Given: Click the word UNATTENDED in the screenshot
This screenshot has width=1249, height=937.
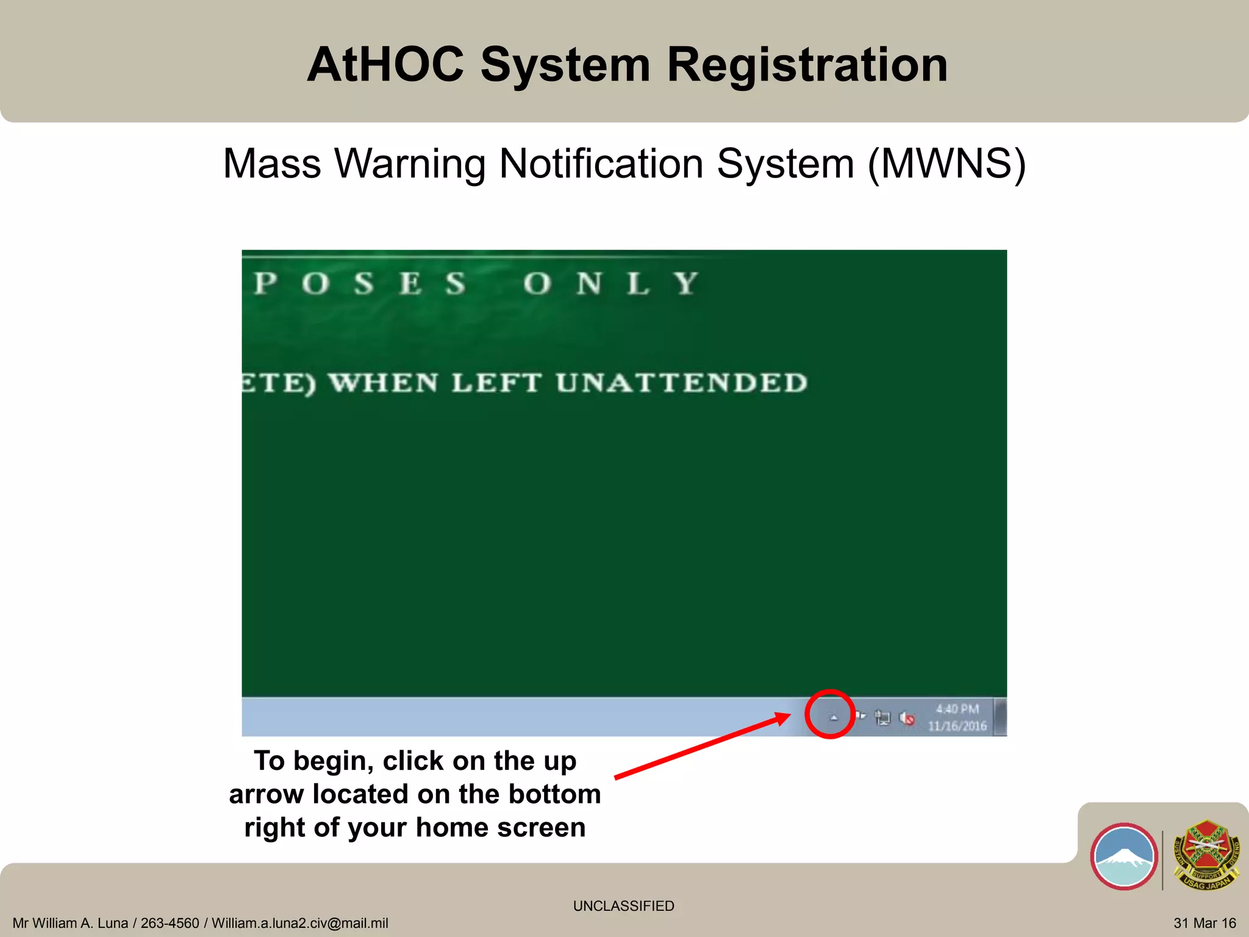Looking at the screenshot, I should [681, 383].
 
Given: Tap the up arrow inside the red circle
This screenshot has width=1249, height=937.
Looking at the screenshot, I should [833, 717].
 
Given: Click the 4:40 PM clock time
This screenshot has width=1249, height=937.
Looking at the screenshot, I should [957, 709].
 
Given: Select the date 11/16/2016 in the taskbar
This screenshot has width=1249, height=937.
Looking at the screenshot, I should [957, 726].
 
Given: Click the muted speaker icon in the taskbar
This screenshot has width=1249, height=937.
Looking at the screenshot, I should [907, 719].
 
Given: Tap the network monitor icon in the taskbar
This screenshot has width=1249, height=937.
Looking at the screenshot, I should [882, 718].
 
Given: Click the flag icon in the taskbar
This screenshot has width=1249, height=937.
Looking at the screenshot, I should [861, 716].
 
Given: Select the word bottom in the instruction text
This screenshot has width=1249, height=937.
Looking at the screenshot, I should [554, 794].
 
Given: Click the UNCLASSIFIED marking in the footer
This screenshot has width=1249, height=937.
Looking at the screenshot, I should [623, 906].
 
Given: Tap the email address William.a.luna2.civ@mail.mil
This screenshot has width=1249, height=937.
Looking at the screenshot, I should [299, 924].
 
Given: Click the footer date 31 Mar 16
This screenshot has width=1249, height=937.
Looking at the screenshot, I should [1204, 924].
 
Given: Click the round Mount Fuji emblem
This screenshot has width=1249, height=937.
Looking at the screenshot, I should [1123, 856].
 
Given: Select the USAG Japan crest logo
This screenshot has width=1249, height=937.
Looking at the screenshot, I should [1207, 855].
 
